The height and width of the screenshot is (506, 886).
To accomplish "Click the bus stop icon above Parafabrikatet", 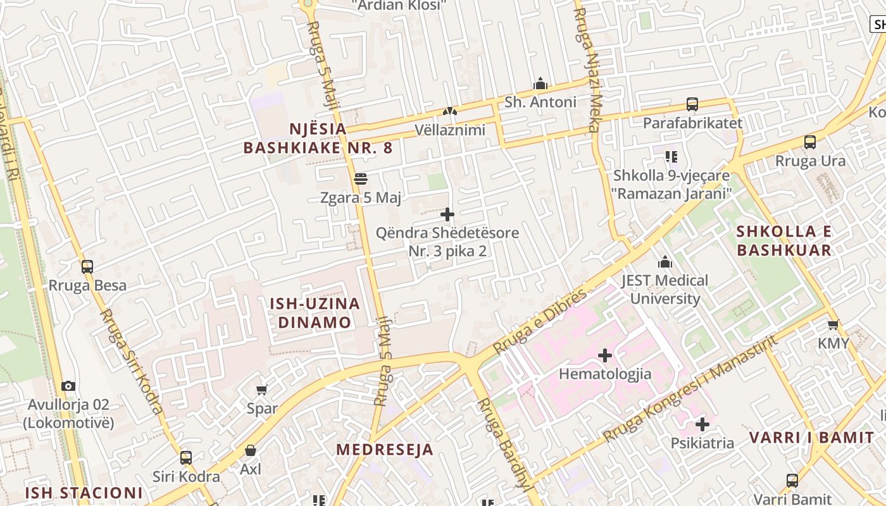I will tap(692, 104).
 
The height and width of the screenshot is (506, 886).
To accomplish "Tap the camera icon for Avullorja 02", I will tap(68, 386).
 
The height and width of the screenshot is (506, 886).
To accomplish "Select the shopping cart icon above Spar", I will tap(262, 390).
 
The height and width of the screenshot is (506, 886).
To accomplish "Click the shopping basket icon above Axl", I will tap(251, 451).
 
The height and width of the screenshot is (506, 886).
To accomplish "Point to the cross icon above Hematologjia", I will tap(605, 355).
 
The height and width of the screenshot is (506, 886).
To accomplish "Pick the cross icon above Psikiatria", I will tap(702, 424).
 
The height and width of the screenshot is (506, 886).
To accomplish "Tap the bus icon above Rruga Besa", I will tap(87, 267).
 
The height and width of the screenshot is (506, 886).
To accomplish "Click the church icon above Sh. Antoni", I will tap(540, 83).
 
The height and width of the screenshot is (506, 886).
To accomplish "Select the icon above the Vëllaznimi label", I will tap(450, 112).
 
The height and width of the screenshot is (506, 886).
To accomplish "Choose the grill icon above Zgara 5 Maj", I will tap(361, 180).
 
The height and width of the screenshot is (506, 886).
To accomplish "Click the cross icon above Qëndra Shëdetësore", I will tap(447, 214).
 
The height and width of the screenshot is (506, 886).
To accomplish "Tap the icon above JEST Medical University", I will tap(665, 262).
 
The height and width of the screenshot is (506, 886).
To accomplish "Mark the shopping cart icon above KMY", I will tap(833, 325).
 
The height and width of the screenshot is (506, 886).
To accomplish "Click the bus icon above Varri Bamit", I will tap(792, 481).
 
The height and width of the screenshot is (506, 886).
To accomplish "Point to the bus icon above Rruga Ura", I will tap(810, 142).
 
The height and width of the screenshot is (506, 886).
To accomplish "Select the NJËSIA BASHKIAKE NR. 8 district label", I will tap(318, 139).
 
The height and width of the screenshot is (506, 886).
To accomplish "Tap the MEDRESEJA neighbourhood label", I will tap(385, 450).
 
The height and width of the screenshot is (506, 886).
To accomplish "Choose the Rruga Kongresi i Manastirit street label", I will tap(690, 389).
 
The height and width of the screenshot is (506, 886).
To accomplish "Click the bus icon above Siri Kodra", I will tap(186, 458).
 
